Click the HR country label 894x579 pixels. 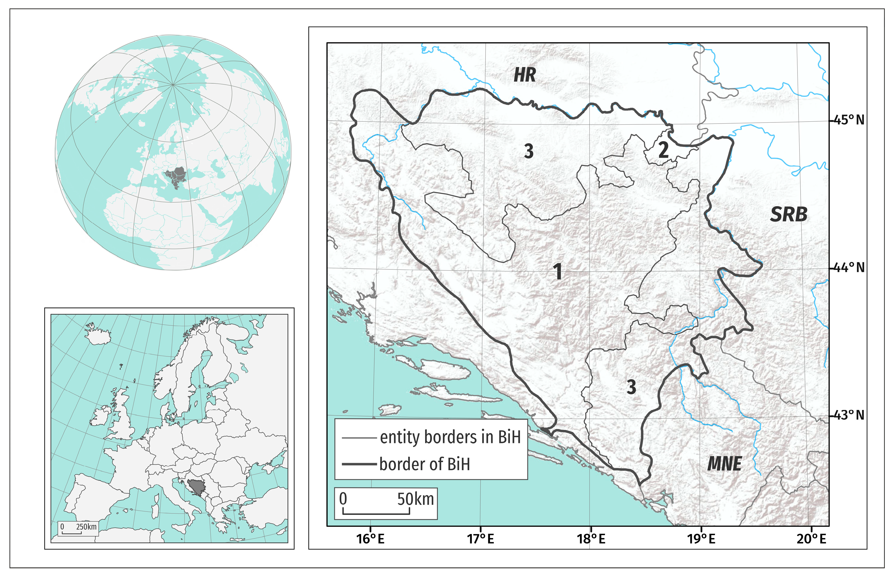(524, 75)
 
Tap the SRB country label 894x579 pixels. (788, 214)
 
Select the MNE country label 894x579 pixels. (724, 464)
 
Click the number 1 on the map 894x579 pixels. (558, 271)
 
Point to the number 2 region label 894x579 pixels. (663, 150)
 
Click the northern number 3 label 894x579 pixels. (528, 151)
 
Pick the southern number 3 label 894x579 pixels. (631, 387)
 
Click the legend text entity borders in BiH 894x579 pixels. (450, 437)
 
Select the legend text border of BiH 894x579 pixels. (424, 464)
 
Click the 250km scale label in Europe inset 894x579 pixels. (86, 526)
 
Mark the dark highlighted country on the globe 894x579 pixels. (176, 176)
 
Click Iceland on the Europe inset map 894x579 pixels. (98, 336)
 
